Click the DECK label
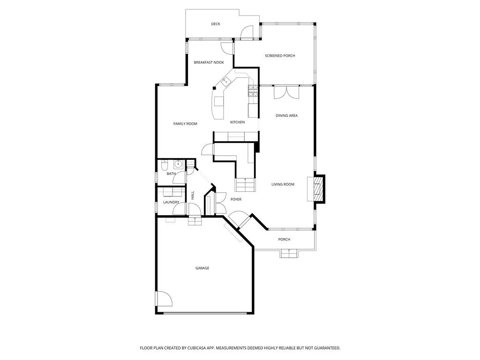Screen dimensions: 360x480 [215, 24]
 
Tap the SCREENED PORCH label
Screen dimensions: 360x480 [280, 56]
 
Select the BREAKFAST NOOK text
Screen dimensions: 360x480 [209, 62]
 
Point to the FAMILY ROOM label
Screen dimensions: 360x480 [185, 124]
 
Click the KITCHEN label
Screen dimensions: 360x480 [237, 122]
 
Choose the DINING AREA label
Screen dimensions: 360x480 [286, 115]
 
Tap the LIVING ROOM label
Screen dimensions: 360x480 [283, 184]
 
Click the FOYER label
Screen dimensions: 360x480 [236, 199]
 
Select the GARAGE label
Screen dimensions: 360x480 [202, 268]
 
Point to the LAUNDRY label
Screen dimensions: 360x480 [171, 202]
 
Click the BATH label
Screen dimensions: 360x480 [171, 174]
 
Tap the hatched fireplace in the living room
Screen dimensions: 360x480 [318, 189]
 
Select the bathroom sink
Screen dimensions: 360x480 [178, 164]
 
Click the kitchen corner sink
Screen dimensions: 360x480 [225, 82]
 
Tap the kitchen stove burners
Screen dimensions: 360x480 [253, 90]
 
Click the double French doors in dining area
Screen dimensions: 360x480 [286, 92]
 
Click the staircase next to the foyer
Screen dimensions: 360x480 [245, 184]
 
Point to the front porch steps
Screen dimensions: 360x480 [289, 254]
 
